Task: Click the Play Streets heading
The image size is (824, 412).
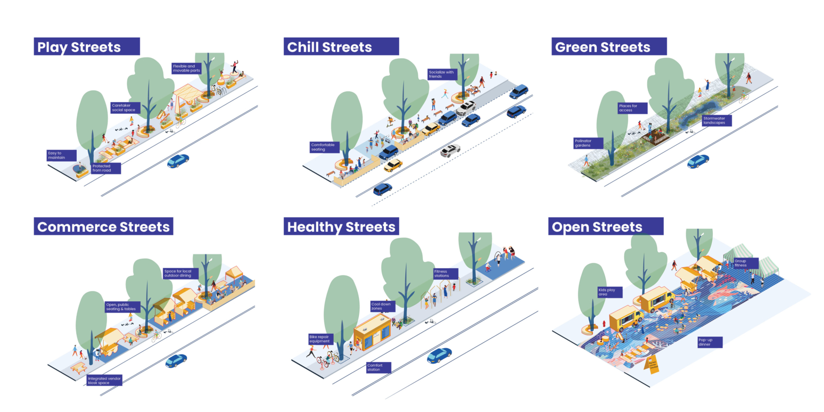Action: coord(87,46)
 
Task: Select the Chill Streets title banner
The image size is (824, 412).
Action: coord(341,46)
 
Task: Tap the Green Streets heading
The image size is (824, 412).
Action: coord(609,46)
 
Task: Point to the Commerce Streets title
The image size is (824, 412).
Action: coord(104,227)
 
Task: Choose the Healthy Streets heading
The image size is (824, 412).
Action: coord(341,227)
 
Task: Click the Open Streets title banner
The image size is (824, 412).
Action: coord(605,227)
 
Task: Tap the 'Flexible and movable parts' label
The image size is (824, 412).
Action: coord(186,68)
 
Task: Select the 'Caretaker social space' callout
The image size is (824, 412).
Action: coord(124,108)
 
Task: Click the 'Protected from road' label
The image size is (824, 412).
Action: coord(106,168)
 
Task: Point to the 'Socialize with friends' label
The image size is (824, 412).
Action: coord(442,74)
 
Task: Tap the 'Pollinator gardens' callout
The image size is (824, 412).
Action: coord(588,143)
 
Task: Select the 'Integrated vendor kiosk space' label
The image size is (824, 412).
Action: coord(105,381)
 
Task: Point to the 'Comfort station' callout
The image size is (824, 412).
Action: coord(378,367)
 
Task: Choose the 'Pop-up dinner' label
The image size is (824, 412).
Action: coord(709,342)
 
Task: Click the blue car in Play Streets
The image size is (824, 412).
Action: coord(178,161)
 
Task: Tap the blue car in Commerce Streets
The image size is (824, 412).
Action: coord(176,360)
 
